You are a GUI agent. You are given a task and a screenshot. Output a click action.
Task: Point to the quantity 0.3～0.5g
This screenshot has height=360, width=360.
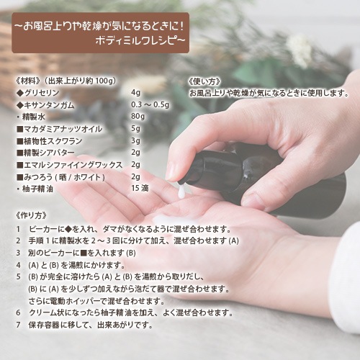tap(150, 104)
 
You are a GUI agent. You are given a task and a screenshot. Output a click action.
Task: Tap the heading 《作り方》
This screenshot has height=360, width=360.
tap(30, 215)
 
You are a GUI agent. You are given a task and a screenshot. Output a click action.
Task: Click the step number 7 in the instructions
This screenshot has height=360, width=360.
tap(18, 324)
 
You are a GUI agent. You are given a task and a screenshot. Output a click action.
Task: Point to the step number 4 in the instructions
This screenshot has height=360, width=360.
tap(18, 264)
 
